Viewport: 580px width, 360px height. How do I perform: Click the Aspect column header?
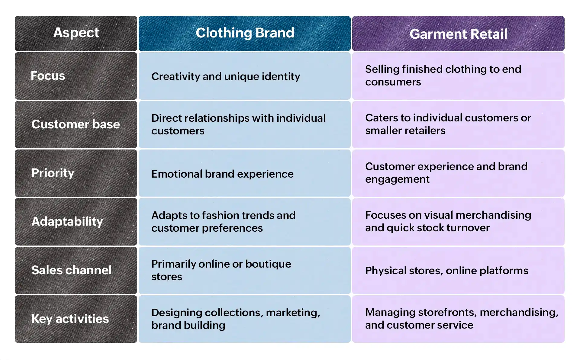[76, 33]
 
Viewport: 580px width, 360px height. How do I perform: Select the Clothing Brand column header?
[245, 33]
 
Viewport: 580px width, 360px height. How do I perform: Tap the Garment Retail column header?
[458, 34]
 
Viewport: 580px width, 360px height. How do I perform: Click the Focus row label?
[48, 76]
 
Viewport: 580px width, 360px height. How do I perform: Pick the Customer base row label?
[76, 124]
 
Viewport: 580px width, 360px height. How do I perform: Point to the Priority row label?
[53, 173]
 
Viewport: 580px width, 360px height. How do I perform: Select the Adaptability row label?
[67, 221]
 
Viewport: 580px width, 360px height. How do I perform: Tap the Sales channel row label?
[71, 270]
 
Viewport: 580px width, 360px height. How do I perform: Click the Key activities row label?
[70, 319]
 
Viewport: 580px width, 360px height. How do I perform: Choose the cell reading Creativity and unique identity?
[226, 76]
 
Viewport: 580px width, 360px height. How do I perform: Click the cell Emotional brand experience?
[222, 174]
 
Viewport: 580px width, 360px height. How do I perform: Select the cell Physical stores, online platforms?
[446, 271]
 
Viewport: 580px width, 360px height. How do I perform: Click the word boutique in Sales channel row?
[268, 264]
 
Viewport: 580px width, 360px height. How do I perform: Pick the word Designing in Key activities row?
[176, 313]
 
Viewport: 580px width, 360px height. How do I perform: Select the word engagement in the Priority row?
[397, 179]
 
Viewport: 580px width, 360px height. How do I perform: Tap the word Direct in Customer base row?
[166, 118]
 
